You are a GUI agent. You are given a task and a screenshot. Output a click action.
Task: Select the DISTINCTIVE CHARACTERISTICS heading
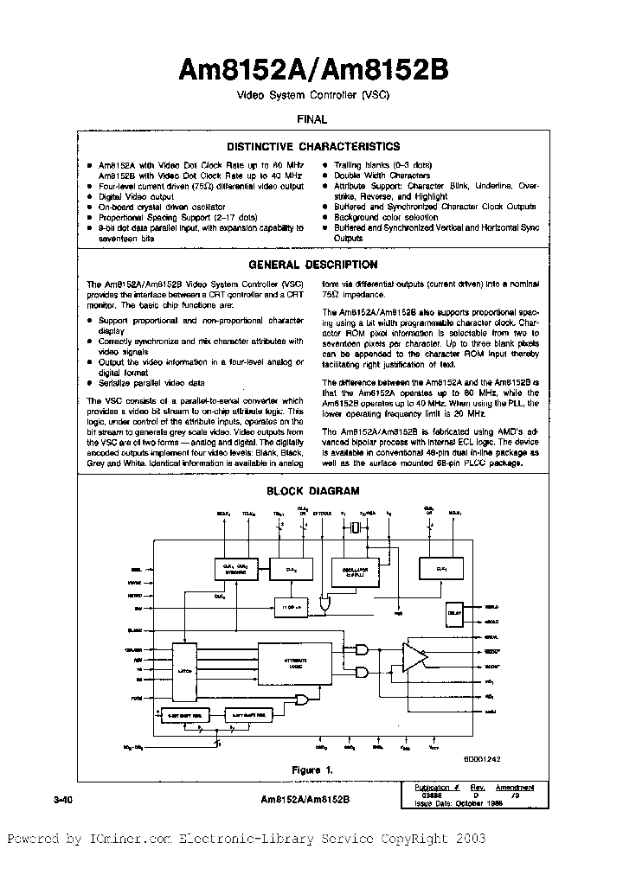312,147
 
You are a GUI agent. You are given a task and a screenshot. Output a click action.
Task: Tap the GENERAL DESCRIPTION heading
312,265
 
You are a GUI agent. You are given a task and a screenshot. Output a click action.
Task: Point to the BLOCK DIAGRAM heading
312,490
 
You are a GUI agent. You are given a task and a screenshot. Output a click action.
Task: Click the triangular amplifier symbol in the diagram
414,657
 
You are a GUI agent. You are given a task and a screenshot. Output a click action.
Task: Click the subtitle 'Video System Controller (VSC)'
312,96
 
